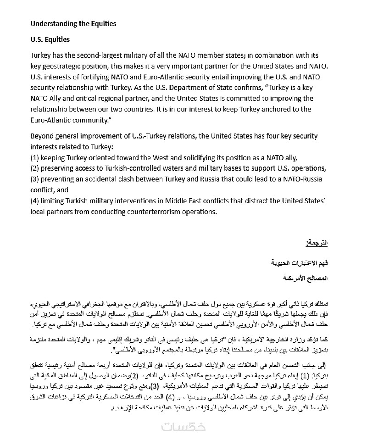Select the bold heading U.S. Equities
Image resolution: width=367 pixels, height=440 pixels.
(50, 39)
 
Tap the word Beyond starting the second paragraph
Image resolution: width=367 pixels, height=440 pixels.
(42, 136)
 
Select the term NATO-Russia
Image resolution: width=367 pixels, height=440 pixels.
(306, 178)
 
